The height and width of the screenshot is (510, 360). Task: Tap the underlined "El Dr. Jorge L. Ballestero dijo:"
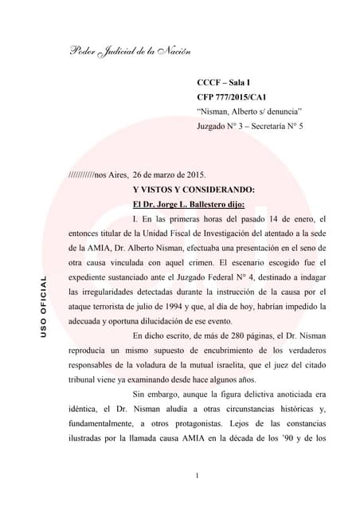tap(183, 204)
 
